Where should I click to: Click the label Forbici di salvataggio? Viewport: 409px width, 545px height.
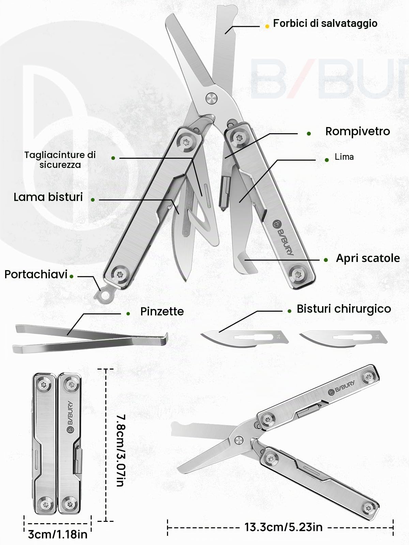click(325, 24)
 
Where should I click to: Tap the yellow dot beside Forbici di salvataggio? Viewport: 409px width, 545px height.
click(267, 26)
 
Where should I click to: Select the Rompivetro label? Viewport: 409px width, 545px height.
click(358, 131)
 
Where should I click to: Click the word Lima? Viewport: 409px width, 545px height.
click(344, 157)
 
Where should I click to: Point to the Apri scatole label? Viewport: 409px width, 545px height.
click(368, 258)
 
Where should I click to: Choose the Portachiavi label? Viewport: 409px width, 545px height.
click(36, 274)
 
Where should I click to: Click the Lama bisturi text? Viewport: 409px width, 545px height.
click(48, 197)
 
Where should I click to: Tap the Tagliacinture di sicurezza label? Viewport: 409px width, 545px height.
click(60, 160)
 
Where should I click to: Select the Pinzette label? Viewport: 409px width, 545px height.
click(162, 311)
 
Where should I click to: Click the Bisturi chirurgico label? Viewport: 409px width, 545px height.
click(344, 309)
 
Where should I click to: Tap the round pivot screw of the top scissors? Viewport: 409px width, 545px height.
click(211, 98)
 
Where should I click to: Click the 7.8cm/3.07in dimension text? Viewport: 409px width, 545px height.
click(121, 450)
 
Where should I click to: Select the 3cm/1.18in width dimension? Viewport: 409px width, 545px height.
click(58, 534)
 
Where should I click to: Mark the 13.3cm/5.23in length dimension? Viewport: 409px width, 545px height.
click(283, 527)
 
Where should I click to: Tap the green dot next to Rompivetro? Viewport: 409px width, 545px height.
click(309, 134)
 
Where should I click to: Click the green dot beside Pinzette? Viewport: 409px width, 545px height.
click(128, 314)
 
